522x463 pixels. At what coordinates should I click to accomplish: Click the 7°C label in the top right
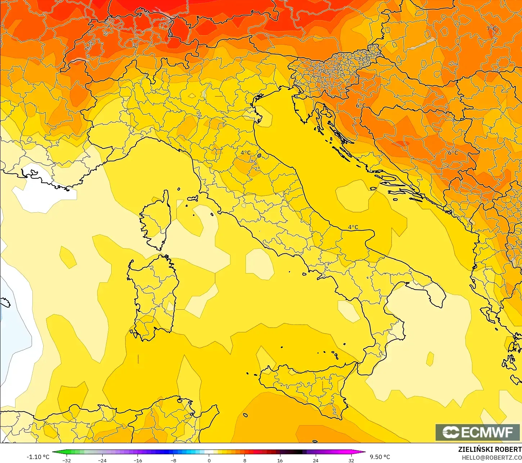491,28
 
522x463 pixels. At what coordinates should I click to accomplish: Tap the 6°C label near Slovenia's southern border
361,105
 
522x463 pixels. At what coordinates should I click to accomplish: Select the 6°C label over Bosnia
453,153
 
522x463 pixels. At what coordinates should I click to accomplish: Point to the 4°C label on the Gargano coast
353,227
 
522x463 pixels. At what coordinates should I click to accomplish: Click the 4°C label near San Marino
246,153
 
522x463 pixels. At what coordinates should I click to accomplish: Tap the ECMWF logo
477,432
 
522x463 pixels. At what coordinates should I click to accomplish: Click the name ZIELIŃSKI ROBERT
490,449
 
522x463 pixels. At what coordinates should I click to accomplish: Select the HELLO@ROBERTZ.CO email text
492,457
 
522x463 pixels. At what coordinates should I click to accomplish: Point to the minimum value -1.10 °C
38,457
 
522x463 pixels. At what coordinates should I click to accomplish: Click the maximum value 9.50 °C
380,457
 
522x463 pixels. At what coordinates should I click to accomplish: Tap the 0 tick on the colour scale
209,460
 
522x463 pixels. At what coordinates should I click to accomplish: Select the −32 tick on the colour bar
67,460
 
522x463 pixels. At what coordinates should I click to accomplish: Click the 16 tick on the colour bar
280,460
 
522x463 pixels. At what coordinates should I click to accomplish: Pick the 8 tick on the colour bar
245,460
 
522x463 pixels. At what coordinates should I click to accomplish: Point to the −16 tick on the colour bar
138,460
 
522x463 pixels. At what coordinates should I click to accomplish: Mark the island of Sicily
306,385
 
